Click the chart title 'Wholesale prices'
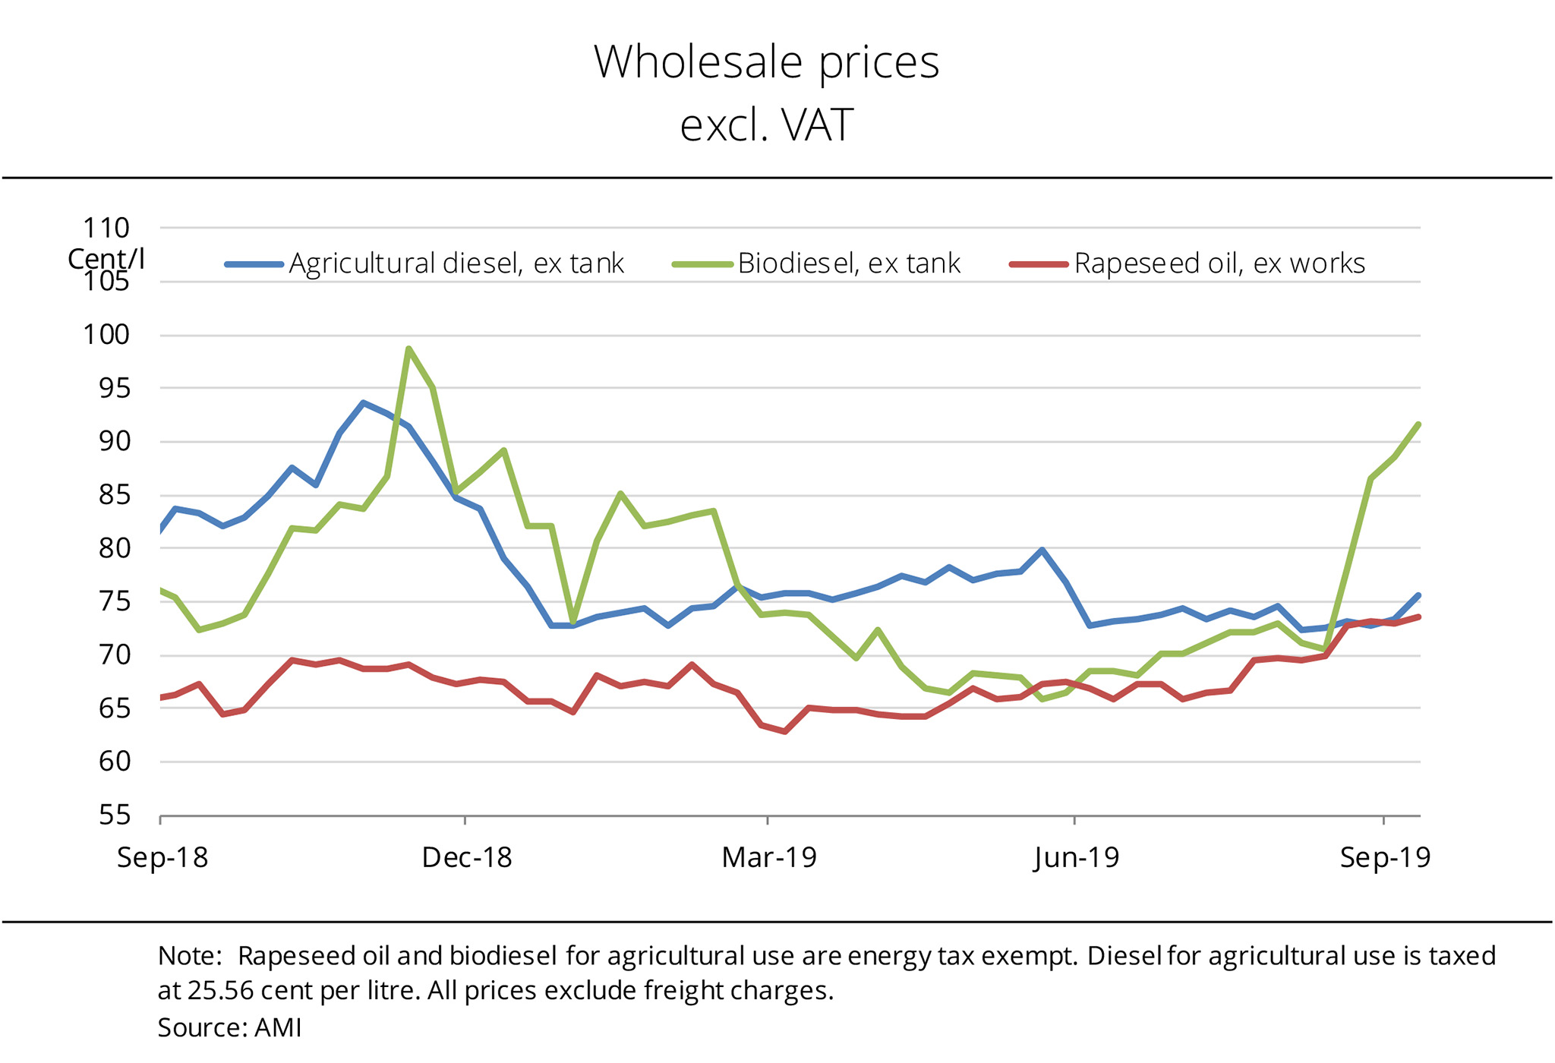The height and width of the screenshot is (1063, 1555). pos(766,62)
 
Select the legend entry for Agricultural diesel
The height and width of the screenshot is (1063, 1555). pos(456,263)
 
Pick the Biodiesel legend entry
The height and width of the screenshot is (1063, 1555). pos(848,263)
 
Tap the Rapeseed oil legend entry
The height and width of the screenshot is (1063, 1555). pos(1219,263)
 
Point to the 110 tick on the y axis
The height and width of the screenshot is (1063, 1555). pos(106,228)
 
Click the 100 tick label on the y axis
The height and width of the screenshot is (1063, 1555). pos(106,334)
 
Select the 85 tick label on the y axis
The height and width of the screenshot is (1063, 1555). pos(114,495)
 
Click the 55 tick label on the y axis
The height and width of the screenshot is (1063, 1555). pos(114,815)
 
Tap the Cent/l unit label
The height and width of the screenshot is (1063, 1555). pos(106,259)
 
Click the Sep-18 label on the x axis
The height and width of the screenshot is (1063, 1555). pos(162,857)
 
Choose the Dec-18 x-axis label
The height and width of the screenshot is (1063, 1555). pos(466,857)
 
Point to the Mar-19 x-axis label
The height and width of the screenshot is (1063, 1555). pos(768,857)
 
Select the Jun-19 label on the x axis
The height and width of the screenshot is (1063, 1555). pos(1077,857)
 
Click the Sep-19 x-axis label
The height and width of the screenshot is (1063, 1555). pos(1385,857)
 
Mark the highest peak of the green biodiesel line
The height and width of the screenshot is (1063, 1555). pos(408,349)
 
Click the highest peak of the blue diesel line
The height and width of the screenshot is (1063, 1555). pos(364,402)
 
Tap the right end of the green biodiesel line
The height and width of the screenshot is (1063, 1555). pos(1418,424)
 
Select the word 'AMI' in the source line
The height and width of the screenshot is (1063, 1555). pos(278,1027)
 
